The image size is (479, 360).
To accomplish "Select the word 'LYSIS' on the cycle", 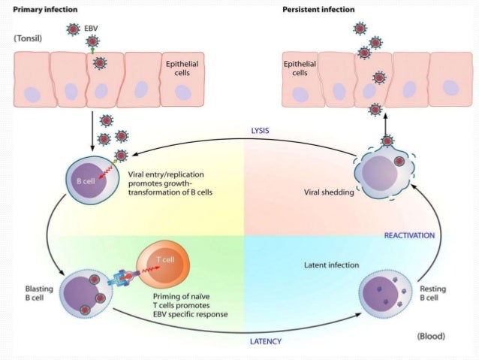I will coord(260,129).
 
